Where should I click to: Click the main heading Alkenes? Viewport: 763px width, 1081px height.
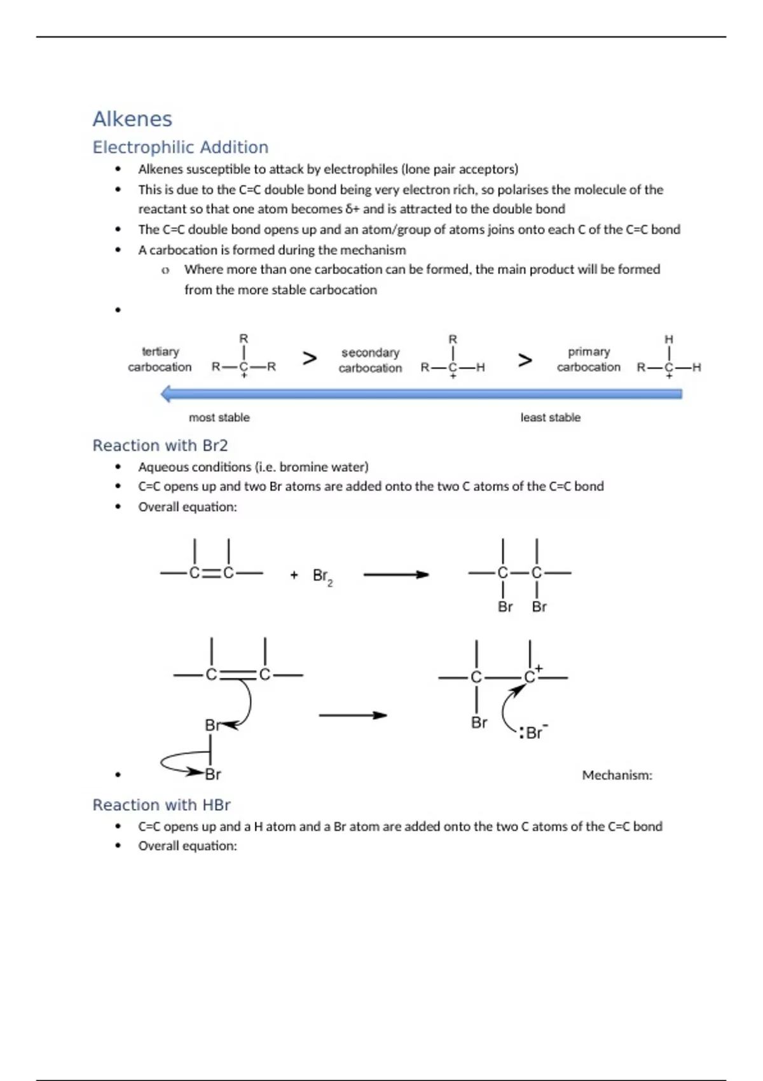132,119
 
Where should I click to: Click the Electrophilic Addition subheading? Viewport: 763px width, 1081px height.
181,148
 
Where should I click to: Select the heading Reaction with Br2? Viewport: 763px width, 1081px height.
160,446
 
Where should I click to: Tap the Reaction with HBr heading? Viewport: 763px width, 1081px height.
162,805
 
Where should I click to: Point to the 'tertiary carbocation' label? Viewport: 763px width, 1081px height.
160,359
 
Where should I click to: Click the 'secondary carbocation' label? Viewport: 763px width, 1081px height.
370,360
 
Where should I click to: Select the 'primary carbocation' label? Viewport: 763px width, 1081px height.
589,359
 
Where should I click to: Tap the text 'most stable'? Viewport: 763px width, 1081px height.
219,418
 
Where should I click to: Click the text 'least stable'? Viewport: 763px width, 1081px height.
551,418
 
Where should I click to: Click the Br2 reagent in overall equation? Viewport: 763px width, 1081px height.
322,576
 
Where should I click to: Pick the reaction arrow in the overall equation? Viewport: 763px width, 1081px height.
396,575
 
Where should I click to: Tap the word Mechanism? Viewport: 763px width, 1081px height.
617,775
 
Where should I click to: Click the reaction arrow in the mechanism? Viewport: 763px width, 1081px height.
353,715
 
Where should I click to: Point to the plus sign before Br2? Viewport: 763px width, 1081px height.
294,575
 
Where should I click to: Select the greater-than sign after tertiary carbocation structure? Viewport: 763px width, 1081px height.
310,359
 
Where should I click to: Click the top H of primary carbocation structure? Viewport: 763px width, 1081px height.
669,340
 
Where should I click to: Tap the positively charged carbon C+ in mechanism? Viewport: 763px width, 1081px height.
530,677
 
